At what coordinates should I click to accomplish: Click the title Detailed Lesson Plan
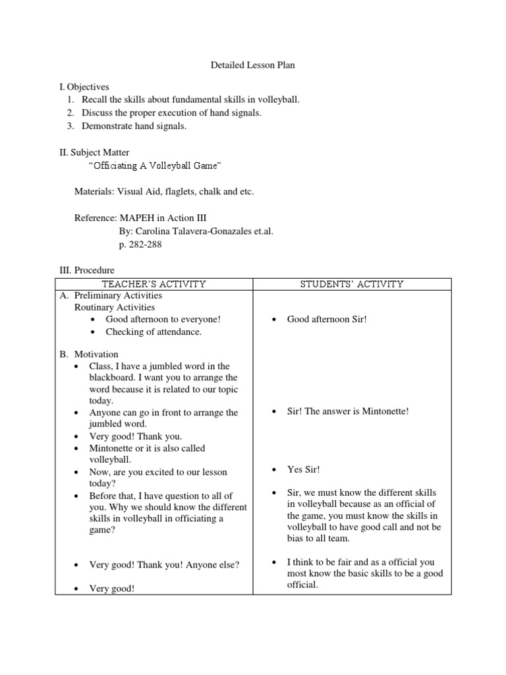pos(253,66)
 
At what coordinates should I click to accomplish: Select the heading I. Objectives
pos(84,87)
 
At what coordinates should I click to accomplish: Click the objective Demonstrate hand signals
pos(134,126)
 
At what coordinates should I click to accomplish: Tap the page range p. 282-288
pos(140,245)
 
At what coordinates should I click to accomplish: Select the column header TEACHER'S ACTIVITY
pos(154,284)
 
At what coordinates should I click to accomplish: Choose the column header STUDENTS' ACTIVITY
pos(352,284)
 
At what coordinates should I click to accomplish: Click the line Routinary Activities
pos(114,307)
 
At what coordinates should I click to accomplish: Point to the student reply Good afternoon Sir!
pos(327,319)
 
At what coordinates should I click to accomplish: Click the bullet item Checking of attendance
pos(154,332)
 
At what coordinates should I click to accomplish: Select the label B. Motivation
pos(89,354)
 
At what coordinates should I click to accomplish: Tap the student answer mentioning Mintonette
pos(348,411)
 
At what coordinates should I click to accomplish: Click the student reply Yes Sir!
pos(303,469)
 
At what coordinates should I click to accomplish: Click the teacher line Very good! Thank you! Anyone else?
pos(164,565)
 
